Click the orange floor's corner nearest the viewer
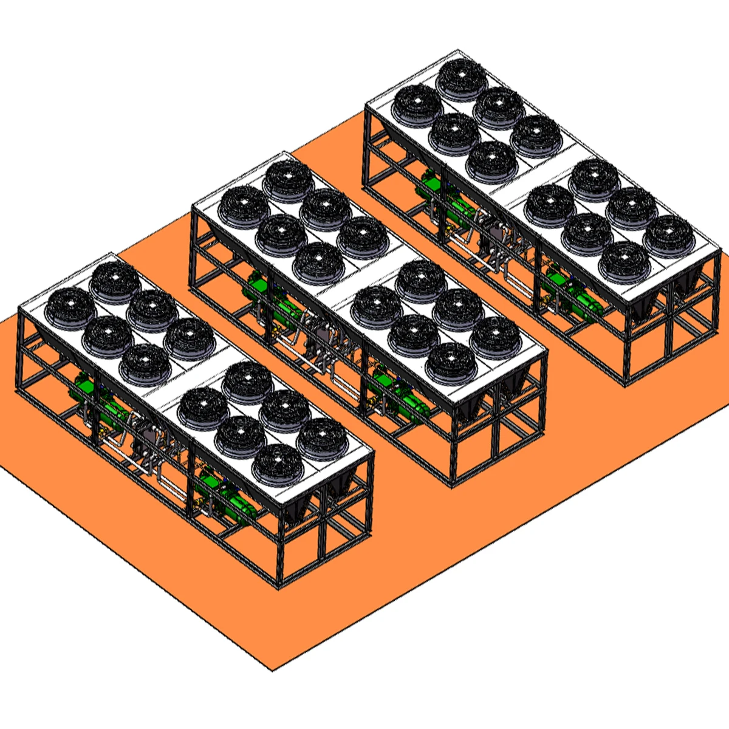tap(273, 670)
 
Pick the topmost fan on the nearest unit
tap(115, 282)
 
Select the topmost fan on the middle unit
tap(288, 180)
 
